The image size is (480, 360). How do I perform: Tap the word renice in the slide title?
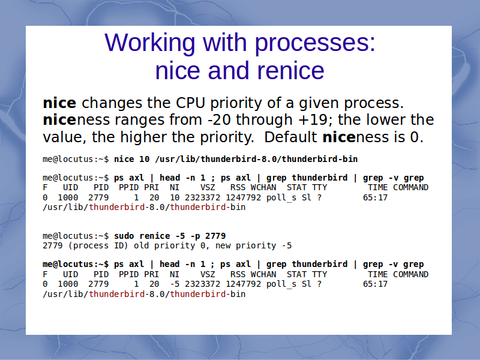point(290,71)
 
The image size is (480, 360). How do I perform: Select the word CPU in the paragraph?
point(190,103)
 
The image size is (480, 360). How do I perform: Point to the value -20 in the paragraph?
point(219,119)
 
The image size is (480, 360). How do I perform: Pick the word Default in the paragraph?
point(290,137)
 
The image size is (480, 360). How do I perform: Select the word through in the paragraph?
point(264,119)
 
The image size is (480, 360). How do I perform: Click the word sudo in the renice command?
point(124,236)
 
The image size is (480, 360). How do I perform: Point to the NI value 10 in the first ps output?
point(175,198)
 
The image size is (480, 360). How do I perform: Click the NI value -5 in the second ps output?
point(175,284)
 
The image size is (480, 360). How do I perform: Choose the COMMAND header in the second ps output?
point(410,274)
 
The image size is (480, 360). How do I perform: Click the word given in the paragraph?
point(319,103)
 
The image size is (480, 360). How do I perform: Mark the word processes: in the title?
point(315,43)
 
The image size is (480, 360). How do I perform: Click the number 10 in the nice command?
point(144,159)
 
